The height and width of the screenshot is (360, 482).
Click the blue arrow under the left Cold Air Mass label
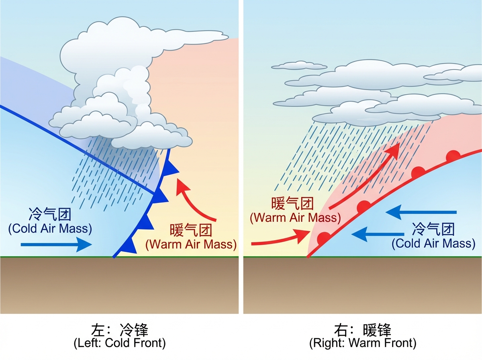[x=56, y=244]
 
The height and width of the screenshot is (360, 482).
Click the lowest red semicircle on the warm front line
[x=323, y=238]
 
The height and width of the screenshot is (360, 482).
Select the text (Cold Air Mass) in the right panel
[x=433, y=243]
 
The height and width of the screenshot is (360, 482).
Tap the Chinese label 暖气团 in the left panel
[x=191, y=231]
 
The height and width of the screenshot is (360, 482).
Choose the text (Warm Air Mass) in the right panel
[x=295, y=218]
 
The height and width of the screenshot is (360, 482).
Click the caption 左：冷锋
[x=120, y=330]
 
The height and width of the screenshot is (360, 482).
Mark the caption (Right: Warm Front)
[x=362, y=344]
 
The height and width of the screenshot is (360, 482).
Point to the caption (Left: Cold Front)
[x=120, y=344]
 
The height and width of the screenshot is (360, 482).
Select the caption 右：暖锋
[x=362, y=330]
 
